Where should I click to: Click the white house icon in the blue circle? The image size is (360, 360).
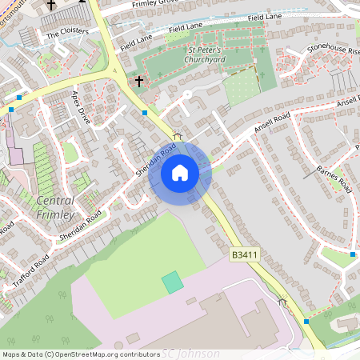(x=180, y=172)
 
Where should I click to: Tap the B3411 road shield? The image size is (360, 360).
(x=245, y=254)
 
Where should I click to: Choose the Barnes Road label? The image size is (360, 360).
(x=334, y=179)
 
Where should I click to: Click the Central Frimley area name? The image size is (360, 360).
(x=56, y=207)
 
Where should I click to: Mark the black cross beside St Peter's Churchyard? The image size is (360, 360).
(x=138, y=81)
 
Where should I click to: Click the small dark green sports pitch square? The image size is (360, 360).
(x=172, y=282)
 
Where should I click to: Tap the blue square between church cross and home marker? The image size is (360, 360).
(x=144, y=113)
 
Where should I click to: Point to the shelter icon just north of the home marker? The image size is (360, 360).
(x=178, y=136)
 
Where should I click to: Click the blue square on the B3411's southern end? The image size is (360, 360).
(x=306, y=322)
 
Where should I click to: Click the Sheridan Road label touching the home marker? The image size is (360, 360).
(x=155, y=158)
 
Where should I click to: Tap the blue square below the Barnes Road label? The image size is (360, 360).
(x=353, y=254)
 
